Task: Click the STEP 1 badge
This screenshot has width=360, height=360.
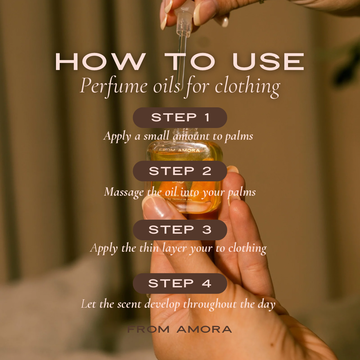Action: [180, 118]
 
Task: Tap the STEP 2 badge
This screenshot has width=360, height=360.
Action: [180, 171]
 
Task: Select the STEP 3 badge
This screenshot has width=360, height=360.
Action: [180, 230]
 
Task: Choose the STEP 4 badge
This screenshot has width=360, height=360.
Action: [180, 283]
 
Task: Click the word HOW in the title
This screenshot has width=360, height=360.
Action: [101, 62]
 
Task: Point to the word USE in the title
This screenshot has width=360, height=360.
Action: [268, 62]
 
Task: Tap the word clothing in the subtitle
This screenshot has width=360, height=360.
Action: [247, 87]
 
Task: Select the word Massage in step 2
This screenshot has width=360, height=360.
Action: [124, 192]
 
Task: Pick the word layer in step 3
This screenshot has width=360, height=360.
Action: [174, 249]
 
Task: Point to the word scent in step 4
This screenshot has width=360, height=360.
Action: [129, 304]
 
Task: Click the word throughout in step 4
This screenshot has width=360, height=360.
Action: [210, 304]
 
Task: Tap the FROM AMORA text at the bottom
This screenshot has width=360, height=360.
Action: [180, 329]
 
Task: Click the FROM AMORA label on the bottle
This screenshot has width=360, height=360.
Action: [179, 150]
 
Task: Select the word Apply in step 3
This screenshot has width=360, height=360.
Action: [104, 249]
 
